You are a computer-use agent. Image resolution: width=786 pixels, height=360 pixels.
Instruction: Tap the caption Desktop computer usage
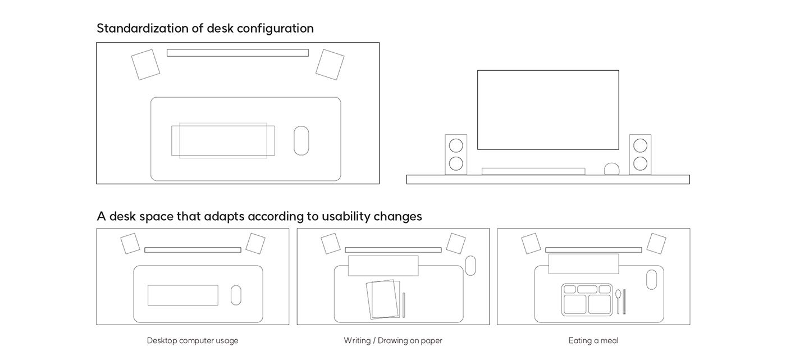click(x=193, y=340)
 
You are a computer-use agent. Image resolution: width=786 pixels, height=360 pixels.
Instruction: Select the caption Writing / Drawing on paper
click(x=393, y=340)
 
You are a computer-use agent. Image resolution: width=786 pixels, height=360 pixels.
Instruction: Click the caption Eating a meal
click(x=593, y=340)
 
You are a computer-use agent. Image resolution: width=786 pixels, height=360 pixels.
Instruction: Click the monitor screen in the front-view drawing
click(x=548, y=110)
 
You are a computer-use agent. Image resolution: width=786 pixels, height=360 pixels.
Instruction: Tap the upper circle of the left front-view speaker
click(x=456, y=145)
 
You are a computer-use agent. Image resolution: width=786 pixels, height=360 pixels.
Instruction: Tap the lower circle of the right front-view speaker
click(x=640, y=163)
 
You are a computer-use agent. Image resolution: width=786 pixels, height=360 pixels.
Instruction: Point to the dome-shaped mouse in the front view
click(x=611, y=169)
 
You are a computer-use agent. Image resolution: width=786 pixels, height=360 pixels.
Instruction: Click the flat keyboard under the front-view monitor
click(x=533, y=171)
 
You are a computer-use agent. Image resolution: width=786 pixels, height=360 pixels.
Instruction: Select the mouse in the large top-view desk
click(x=301, y=140)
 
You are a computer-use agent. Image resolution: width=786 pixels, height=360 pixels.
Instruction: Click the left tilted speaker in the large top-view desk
click(x=145, y=65)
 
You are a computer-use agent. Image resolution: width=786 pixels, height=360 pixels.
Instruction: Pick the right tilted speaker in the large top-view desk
click(x=330, y=65)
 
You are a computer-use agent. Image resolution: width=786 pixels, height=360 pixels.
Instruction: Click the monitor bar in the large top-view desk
click(x=237, y=53)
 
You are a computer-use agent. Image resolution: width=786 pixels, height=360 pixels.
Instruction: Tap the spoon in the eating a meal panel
click(x=618, y=300)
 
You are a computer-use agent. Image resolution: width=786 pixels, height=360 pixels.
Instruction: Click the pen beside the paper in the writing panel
click(x=404, y=305)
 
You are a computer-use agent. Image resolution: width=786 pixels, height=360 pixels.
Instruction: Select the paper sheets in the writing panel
click(x=383, y=299)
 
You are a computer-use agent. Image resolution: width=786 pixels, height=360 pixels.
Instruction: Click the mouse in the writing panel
click(x=470, y=266)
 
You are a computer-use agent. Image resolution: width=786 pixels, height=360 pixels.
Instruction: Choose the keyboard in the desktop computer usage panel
click(x=183, y=295)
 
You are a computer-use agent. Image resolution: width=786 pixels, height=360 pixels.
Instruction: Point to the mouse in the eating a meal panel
click(x=651, y=280)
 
